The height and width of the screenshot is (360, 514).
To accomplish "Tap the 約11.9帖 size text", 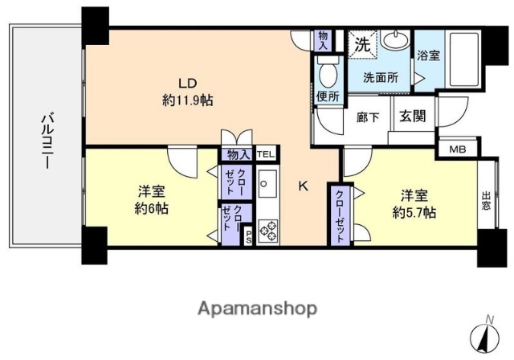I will [187, 100].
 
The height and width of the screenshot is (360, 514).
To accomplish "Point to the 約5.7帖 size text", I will [414, 212].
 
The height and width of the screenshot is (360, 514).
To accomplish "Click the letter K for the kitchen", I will [304, 186].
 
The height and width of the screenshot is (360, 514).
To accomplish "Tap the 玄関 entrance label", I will [414, 115].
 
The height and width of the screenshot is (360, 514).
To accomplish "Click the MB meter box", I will [456, 149].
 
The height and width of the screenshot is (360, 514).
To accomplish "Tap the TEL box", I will [265, 153].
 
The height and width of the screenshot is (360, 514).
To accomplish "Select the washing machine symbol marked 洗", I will [360, 43].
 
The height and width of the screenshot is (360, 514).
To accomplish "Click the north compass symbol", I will [488, 335].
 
